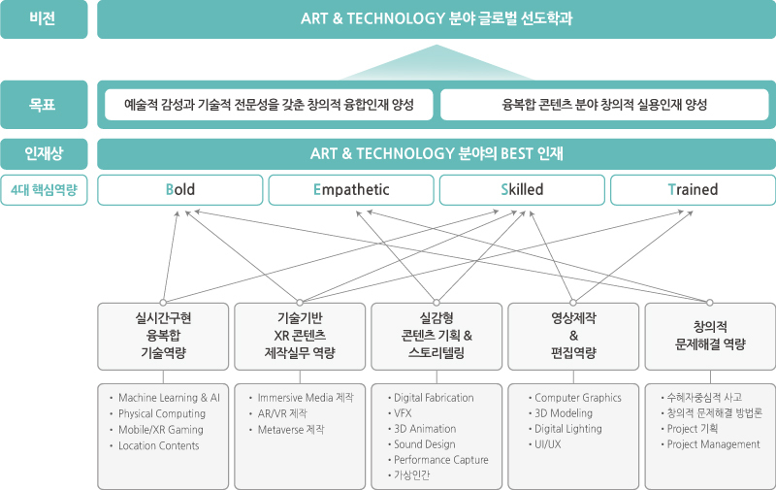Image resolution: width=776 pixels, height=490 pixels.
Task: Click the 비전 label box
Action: pyautogui.click(x=45, y=19)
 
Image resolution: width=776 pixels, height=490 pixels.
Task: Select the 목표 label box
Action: pyautogui.click(x=45, y=105)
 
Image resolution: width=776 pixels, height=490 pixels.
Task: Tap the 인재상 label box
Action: pyautogui.click(x=45, y=154)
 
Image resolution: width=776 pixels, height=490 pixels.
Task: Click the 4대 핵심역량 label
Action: pyautogui.click(x=45, y=190)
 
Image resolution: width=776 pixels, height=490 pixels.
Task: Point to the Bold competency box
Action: pyautogui.click(x=179, y=190)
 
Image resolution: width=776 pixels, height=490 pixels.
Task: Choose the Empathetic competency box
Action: pyautogui.click(x=350, y=190)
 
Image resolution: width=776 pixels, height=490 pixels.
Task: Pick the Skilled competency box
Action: pyautogui.click(x=521, y=190)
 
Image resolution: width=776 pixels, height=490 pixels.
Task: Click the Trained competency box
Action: pyautogui.click(x=693, y=190)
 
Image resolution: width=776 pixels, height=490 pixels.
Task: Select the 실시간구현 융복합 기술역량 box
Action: pyautogui.click(x=162, y=336)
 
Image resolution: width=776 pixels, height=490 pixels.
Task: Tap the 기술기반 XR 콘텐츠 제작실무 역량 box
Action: pyautogui.click(x=299, y=336)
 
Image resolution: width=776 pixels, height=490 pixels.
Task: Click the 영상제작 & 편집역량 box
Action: pyautogui.click(x=572, y=336)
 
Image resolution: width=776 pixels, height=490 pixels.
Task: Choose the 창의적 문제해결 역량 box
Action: pyautogui.click(x=710, y=336)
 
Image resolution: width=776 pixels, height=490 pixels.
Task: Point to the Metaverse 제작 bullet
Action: pyautogui.click(x=291, y=429)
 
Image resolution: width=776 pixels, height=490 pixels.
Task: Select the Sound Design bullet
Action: pyautogui.click(x=425, y=444)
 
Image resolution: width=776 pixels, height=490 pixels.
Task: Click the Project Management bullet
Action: pyautogui.click(x=713, y=444)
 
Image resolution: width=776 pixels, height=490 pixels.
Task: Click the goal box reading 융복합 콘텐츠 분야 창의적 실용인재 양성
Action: pyautogui.click(x=605, y=105)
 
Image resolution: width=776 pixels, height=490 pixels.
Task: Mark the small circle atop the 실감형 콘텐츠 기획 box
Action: pyautogui.click(x=436, y=302)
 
